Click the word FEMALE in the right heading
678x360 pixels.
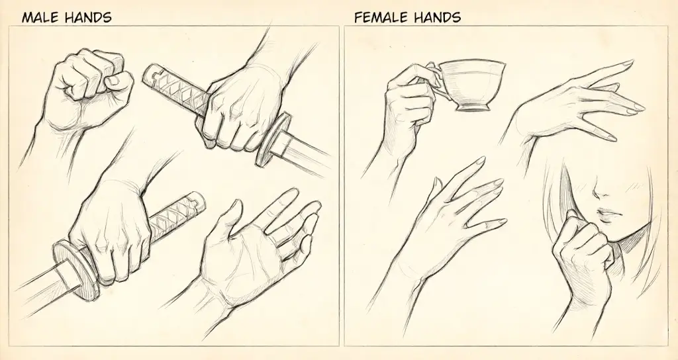pos(380,17)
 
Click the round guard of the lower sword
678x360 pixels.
pos(74,269)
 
